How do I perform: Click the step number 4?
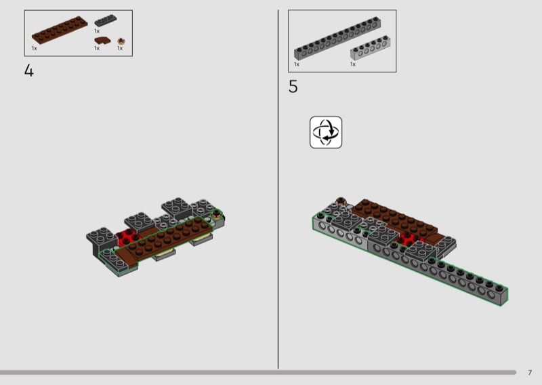(29, 70)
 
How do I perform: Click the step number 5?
(293, 87)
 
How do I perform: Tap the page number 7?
(530, 373)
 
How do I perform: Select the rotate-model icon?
(326, 132)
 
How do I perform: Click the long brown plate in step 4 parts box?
(60, 30)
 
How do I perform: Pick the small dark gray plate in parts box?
(106, 21)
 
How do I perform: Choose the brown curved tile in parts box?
(102, 41)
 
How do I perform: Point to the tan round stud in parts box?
(121, 41)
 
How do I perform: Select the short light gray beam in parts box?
(370, 47)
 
